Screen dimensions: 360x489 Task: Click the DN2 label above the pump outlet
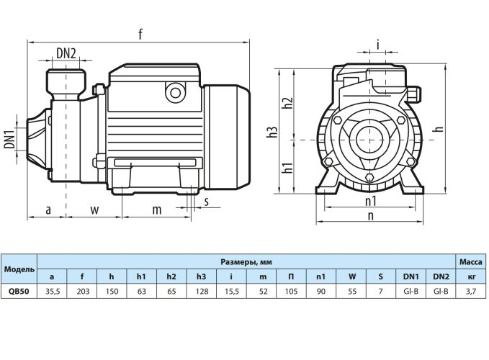point(66,53)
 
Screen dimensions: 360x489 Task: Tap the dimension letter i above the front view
point(377,45)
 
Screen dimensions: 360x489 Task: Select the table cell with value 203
point(81,291)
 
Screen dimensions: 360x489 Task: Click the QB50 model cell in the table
point(19,291)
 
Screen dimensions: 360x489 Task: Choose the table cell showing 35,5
point(51,291)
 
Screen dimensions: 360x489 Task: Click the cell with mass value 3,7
point(471,291)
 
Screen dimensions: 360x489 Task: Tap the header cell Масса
point(471,261)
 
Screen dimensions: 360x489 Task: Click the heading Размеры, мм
point(246,261)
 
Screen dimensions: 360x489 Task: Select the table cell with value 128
point(201,291)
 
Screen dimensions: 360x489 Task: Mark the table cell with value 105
point(291,291)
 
